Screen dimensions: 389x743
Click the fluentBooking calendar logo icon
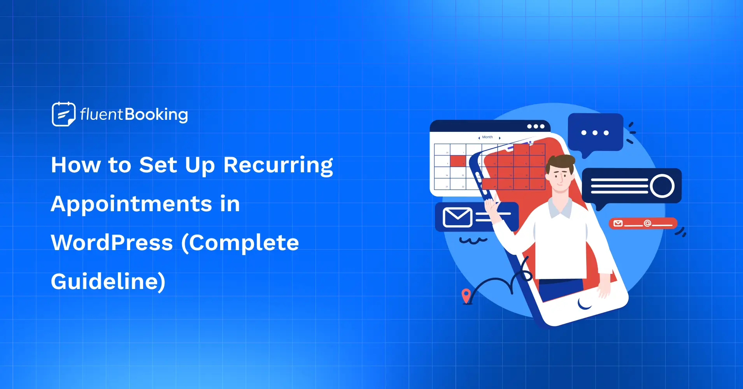[63, 114]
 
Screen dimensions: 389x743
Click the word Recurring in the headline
[278, 165]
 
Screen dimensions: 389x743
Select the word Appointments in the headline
[131, 204]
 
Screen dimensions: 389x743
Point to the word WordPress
[112, 243]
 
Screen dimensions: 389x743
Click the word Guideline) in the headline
[108, 282]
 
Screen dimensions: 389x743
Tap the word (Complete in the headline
[240, 243]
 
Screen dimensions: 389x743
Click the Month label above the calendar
[487, 137]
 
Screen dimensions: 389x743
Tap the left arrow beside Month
[479, 138]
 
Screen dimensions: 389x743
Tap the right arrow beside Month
[500, 138]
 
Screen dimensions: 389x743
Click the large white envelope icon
[457, 217]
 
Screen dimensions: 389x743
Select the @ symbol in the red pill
[647, 223]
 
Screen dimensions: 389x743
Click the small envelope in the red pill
[618, 223]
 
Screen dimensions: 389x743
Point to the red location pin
[466, 296]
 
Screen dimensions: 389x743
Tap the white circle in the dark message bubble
[662, 186]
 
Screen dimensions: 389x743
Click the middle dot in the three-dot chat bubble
[595, 133]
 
